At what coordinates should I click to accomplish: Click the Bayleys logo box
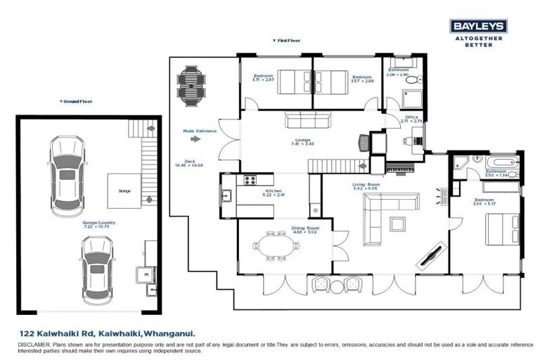click(x=478, y=27)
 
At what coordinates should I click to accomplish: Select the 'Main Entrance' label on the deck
click(x=200, y=131)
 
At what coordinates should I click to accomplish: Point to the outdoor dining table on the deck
click(x=189, y=84)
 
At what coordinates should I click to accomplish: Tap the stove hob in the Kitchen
click(x=250, y=181)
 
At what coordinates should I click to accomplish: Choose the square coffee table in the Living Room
click(x=398, y=224)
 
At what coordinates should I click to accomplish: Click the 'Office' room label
click(x=411, y=117)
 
